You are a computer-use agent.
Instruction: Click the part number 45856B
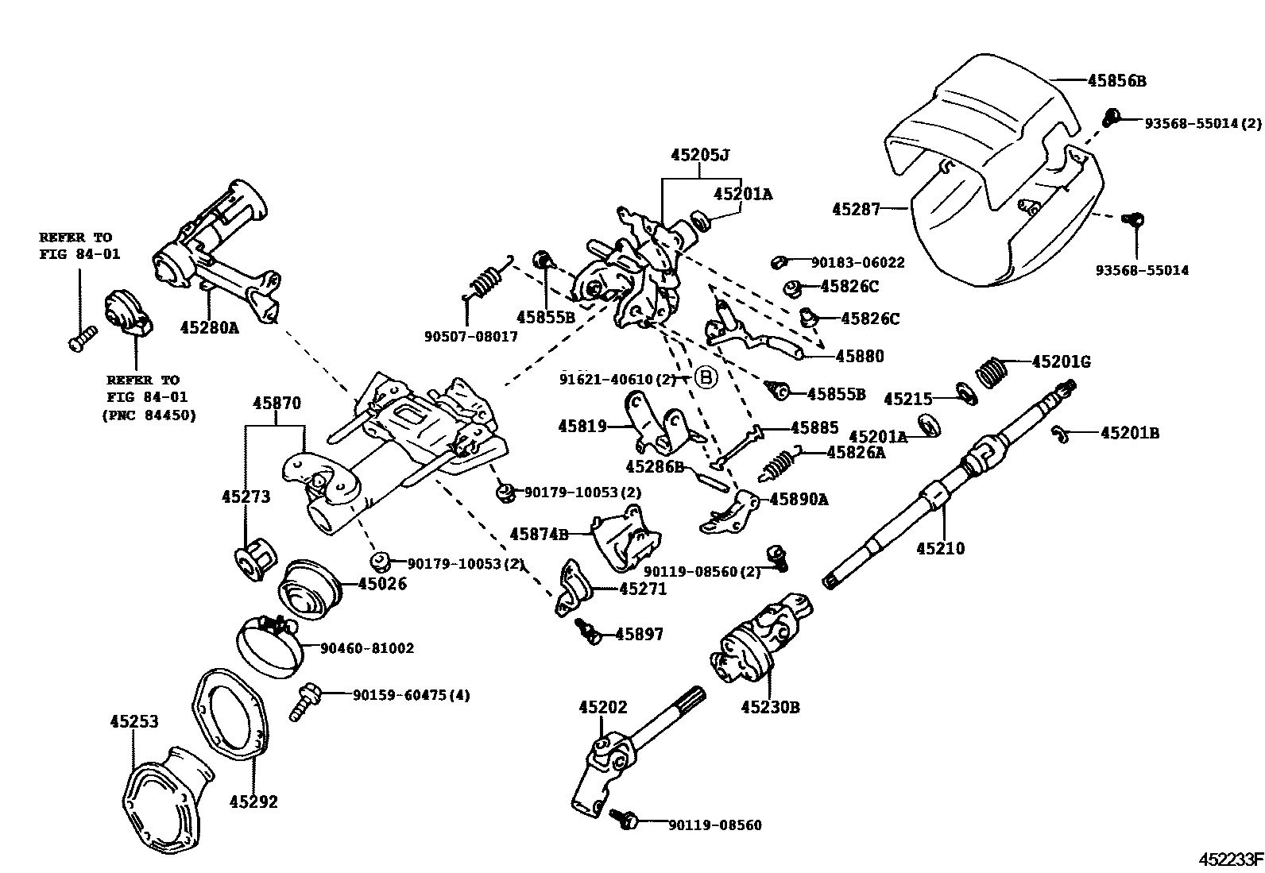tap(1116, 80)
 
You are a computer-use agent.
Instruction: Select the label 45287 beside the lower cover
tap(856, 210)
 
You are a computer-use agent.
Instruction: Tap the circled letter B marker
tap(706, 378)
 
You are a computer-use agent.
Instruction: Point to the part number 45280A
tap(209, 326)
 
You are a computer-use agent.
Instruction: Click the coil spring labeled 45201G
tap(990, 371)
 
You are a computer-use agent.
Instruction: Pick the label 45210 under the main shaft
tap(940, 548)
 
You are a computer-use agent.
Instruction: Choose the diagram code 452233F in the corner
tap(1231, 859)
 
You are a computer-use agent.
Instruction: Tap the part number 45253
tap(133, 721)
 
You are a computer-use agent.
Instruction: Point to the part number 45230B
tap(770, 706)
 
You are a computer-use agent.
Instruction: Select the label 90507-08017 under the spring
tap(470, 336)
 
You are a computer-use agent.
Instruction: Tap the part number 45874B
tap(539, 534)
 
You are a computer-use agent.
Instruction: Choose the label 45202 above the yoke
tap(602, 706)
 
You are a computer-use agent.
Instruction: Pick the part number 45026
tap(382, 584)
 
